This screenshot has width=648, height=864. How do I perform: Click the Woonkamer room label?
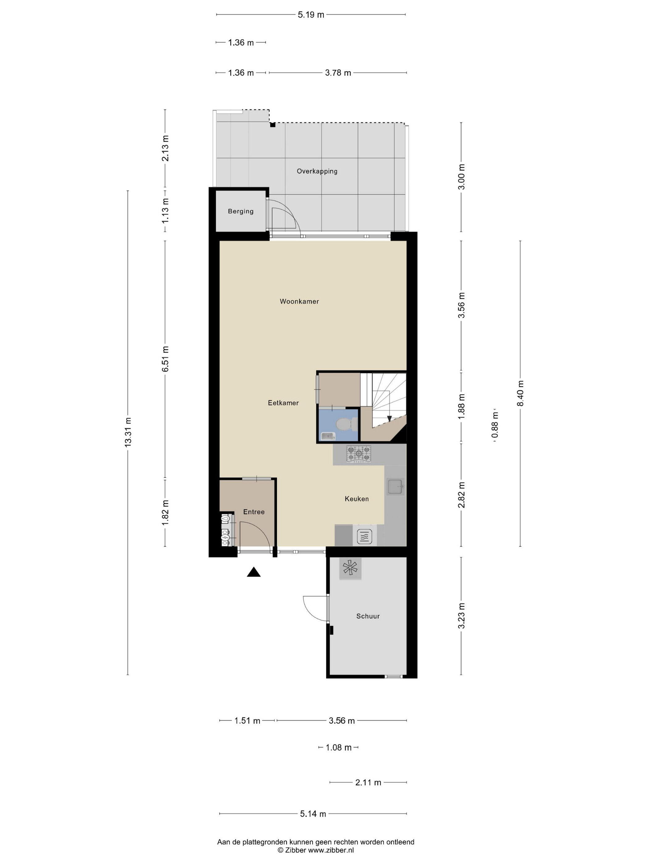coord(299,301)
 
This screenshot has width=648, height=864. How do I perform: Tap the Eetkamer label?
coord(283,403)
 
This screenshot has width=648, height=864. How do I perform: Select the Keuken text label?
coord(357,499)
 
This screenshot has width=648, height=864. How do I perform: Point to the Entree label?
coord(254,512)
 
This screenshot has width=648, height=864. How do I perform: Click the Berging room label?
coord(241,211)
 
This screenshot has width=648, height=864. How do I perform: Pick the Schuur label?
coord(368,616)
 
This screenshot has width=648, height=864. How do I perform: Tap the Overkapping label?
coord(317,171)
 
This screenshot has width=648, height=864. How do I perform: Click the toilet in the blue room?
coord(347,423)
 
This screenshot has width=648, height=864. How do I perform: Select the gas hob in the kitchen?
coord(359,455)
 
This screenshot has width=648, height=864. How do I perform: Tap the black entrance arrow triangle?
coord(254,572)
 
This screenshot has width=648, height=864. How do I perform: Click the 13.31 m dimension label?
coord(128,432)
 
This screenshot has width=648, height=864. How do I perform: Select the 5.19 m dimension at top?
coord(311,15)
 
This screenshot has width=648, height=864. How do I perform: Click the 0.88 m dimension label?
coord(495,425)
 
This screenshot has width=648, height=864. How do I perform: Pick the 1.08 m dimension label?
coord(339,748)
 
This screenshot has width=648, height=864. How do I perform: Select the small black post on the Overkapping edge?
coord(273,125)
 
